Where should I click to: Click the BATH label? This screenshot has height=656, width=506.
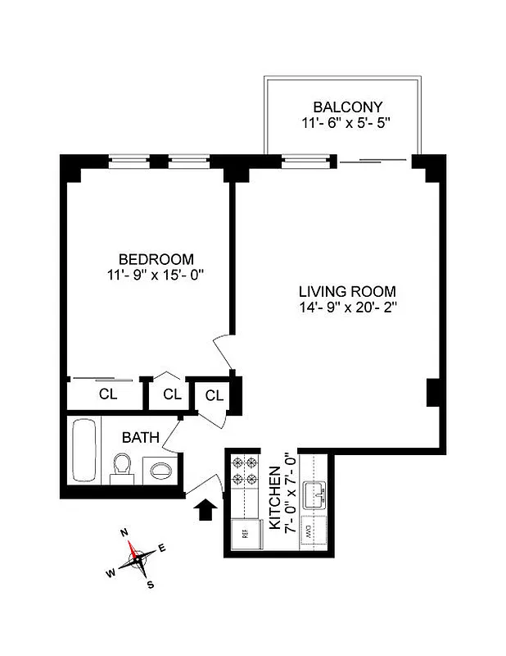click(x=141, y=437)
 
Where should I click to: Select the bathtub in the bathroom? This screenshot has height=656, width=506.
click(x=82, y=462)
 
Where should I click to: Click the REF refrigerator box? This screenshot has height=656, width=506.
click(x=243, y=533)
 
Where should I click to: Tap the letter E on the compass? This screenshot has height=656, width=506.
click(x=161, y=548)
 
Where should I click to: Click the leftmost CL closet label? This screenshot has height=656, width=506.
click(x=108, y=394)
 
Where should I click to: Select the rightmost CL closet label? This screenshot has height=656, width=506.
click(x=215, y=396)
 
